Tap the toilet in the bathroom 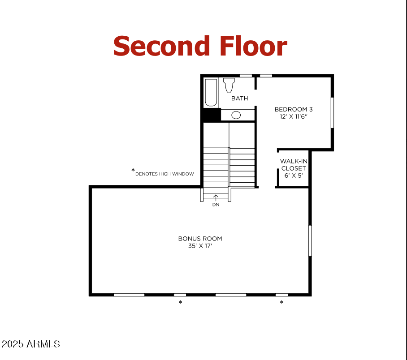click(x=229, y=85)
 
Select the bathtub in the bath click(x=211, y=92)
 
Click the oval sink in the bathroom click(x=236, y=115)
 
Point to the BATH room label click(x=239, y=99)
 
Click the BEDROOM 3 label click(x=293, y=109)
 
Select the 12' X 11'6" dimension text click(x=293, y=116)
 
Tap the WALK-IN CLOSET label click(x=293, y=165)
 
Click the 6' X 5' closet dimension click(x=293, y=176)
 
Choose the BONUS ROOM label click(x=200, y=239)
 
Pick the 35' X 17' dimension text click(x=200, y=246)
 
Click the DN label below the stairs click(x=216, y=205)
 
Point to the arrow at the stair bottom click(x=216, y=197)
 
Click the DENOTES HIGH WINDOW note click(x=165, y=174)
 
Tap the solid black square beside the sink click(x=210, y=115)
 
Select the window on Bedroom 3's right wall click(x=332, y=113)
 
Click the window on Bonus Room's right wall click(x=310, y=240)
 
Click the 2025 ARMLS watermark click(x=30, y=344)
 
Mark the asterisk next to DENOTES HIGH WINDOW click(x=133, y=170)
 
